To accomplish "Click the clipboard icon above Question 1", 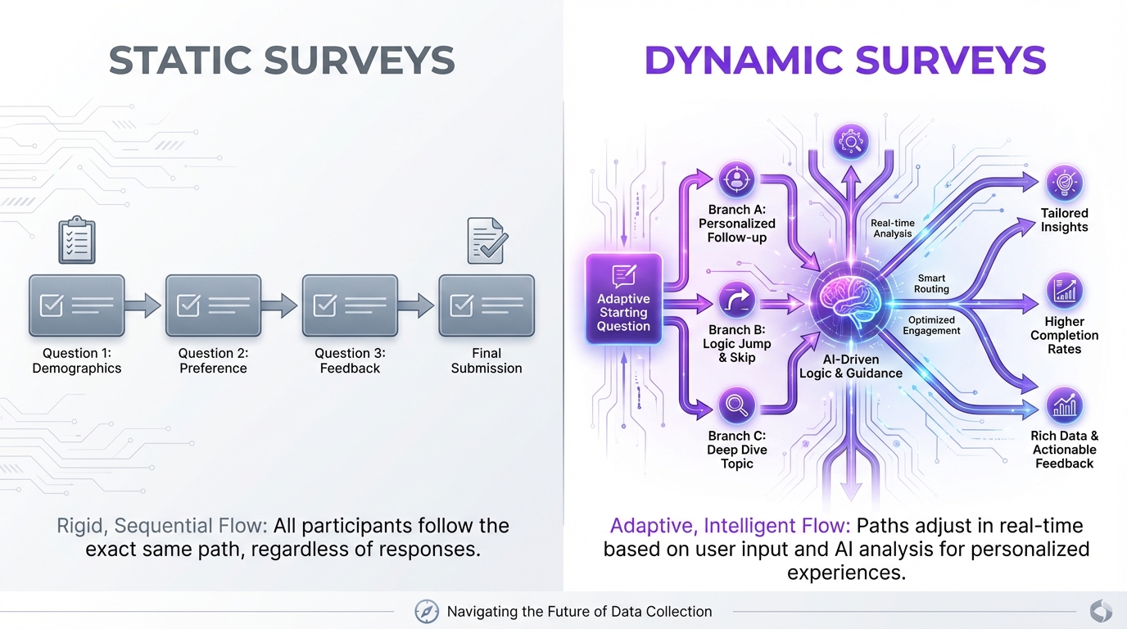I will pos(77,239).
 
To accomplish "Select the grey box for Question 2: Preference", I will pos(213,305).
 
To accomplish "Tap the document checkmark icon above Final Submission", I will pos(487,240).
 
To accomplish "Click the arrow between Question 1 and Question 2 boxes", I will pos(144,306).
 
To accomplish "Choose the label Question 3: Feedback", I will pos(350,360).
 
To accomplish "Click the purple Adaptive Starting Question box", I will pos(623,297).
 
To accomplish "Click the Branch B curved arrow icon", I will pos(736,301).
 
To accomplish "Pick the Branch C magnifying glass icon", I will pos(736,405).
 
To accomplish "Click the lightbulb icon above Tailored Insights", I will pos(1065,183).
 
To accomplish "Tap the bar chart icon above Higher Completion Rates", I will pos(1065,291).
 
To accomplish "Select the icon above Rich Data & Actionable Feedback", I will pos(1065,405).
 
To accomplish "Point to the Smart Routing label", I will pos(932,283).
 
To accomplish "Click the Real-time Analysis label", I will pos(893,228).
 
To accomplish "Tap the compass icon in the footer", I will pos(427,611).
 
